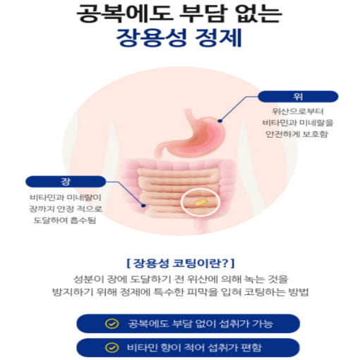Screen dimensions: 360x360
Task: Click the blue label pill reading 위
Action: (x=298, y=97)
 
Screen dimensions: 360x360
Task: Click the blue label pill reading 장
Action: (x=66, y=181)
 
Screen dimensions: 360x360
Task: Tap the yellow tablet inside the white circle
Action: (x=200, y=203)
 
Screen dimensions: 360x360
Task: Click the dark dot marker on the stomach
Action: (x=220, y=121)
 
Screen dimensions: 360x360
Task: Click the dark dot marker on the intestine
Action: (x=143, y=205)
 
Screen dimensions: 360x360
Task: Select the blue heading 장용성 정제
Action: (x=179, y=37)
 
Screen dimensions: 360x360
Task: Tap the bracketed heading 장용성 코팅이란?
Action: (x=181, y=263)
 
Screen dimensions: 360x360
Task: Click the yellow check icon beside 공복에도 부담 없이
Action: (x=112, y=323)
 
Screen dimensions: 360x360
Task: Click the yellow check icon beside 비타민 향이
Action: (x=112, y=347)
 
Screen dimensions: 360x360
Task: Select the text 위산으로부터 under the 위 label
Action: (x=298, y=112)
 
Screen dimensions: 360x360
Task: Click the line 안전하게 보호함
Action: (x=296, y=134)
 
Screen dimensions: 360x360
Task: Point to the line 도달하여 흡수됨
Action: (x=65, y=220)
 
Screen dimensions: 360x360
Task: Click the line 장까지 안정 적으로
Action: (x=66, y=209)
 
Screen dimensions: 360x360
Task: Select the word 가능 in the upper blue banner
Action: (x=263, y=323)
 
